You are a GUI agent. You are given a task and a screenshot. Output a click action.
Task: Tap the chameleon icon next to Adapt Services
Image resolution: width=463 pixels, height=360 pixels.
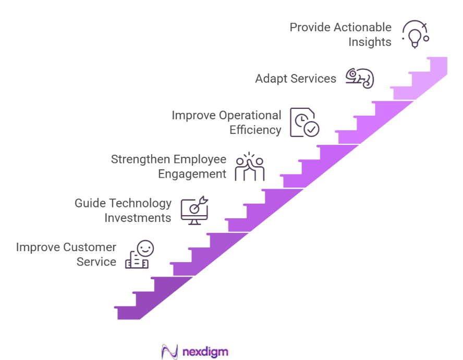(x=360, y=78)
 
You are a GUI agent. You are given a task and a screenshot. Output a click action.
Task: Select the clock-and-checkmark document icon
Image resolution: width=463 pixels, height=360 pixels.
(x=304, y=122)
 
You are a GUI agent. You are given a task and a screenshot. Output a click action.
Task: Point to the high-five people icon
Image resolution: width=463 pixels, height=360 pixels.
(x=249, y=167)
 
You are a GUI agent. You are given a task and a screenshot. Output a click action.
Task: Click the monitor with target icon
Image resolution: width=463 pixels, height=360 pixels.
(x=194, y=210)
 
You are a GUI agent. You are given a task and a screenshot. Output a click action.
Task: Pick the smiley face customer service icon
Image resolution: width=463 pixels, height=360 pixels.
(x=139, y=254)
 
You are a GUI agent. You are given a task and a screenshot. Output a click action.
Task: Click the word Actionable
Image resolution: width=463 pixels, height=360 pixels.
(x=363, y=27)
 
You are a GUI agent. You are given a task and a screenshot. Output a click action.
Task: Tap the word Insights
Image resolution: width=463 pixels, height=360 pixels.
(x=370, y=42)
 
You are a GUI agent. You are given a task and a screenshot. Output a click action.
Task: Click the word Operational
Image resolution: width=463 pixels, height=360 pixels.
(x=250, y=115)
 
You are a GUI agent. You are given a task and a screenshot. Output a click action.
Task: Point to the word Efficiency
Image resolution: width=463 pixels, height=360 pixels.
(x=255, y=130)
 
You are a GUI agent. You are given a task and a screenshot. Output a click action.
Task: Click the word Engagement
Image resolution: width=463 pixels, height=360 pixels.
(x=192, y=174)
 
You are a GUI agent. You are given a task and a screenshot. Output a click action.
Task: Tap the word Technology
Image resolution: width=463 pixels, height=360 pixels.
(x=138, y=203)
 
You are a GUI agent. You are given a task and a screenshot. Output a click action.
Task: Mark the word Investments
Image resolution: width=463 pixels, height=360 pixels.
(x=138, y=218)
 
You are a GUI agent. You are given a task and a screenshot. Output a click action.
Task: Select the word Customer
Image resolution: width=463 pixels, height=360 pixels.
(x=90, y=246)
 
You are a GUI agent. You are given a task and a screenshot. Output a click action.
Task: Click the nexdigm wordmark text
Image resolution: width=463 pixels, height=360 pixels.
(x=205, y=352)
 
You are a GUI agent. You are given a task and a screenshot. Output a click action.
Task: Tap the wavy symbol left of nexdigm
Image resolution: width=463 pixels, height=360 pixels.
(x=170, y=352)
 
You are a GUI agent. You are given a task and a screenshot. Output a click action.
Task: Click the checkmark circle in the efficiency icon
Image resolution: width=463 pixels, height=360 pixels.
(x=312, y=129)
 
